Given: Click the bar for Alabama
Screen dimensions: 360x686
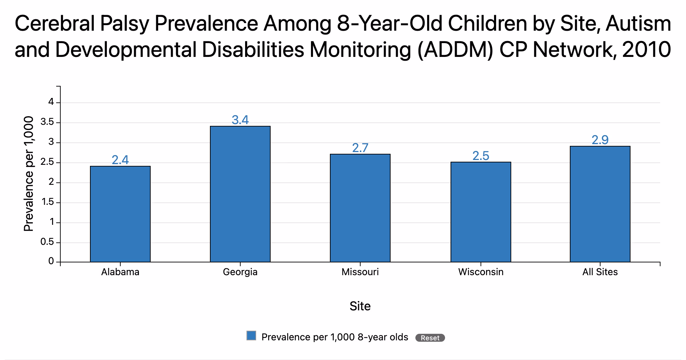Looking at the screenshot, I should [x=120, y=214].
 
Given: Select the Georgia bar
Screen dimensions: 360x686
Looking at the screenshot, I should [x=240, y=194].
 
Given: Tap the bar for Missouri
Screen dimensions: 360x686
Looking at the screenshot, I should [x=360, y=208].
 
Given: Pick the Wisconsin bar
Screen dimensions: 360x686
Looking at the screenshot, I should [x=481, y=212].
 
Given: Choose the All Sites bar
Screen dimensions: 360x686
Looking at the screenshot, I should [x=600, y=204].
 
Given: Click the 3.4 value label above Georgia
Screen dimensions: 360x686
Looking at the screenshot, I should [x=240, y=120].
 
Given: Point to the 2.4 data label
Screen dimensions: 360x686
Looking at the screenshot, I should [x=120, y=160].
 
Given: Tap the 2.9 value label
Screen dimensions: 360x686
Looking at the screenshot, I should [x=600, y=140].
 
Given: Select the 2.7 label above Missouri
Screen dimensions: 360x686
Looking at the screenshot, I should [x=360, y=148].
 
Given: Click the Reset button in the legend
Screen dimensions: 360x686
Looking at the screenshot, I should [x=430, y=338].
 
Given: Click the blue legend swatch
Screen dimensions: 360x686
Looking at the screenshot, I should [x=251, y=336].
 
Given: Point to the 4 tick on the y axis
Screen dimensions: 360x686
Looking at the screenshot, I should [x=51, y=102].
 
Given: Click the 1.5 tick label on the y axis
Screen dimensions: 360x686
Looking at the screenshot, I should [x=47, y=202].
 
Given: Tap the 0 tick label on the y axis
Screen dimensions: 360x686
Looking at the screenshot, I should [x=51, y=261].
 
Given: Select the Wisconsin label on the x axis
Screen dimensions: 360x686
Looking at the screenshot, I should [x=481, y=272].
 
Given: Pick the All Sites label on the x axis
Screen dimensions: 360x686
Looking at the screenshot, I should [x=600, y=272].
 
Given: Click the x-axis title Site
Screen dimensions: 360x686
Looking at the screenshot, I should [x=360, y=306].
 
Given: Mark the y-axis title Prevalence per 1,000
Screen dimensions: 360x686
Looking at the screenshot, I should [x=29, y=174].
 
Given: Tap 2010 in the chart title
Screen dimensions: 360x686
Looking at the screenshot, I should [x=646, y=49].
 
